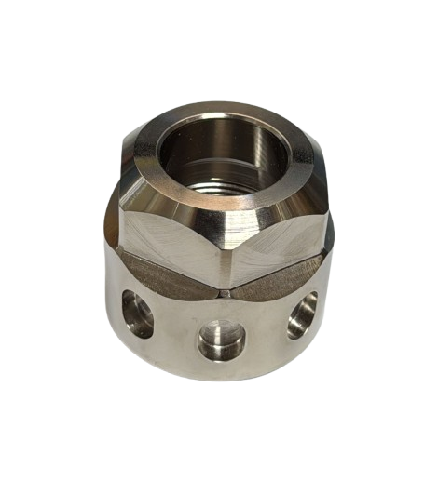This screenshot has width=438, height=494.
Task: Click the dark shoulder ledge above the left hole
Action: pos(158,275)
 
